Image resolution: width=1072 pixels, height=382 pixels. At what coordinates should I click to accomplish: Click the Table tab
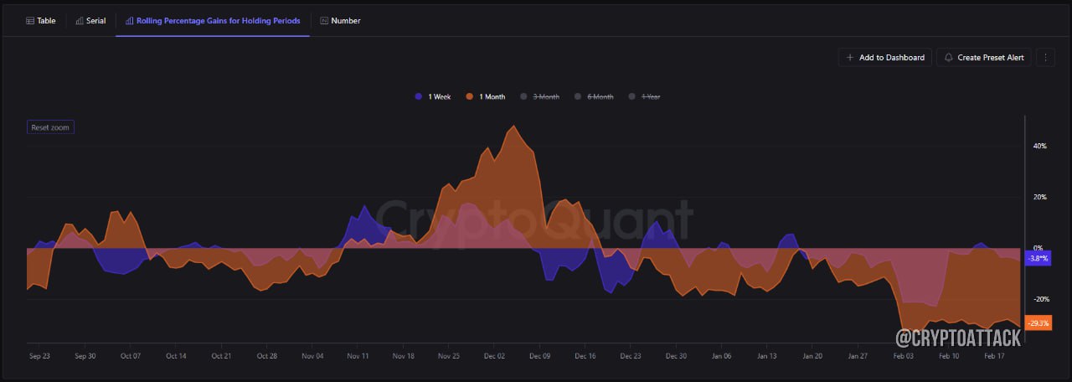[x=41, y=21]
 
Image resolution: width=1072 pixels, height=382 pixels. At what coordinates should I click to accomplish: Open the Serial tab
[x=91, y=21]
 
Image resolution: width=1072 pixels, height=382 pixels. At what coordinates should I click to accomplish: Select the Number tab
[x=340, y=21]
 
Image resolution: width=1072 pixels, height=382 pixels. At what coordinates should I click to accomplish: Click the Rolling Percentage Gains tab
[x=213, y=21]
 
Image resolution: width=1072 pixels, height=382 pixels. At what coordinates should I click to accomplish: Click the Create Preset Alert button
[x=984, y=58]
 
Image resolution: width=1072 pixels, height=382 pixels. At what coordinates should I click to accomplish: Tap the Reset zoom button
[x=50, y=127]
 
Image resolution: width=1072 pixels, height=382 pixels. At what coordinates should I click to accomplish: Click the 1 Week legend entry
[x=433, y=96]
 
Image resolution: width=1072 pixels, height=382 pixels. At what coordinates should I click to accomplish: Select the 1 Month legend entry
[x=485, y=96]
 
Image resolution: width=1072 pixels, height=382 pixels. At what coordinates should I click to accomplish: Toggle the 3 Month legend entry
[x=540, y=96]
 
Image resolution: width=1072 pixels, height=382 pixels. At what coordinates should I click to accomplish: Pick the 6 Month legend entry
[x=594, y=96]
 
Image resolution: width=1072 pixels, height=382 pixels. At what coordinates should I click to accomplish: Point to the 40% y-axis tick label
[x=1040, y=146]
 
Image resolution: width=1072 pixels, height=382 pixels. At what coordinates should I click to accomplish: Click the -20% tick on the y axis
[x=1041, y=299]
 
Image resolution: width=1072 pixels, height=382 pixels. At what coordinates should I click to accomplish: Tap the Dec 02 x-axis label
[x=494, y=356]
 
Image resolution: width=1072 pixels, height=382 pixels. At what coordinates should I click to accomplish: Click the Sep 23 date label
[x=39, y=356]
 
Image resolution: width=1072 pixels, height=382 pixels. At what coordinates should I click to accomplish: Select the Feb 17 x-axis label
[x=994, y=356]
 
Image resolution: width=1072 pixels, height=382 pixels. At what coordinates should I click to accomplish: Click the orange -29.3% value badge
[x=1038, y=323]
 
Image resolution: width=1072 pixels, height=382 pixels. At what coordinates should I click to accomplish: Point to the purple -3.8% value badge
[x=1038, y=259]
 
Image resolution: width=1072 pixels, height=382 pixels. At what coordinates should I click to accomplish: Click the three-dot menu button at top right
[x=1046, y=58]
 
